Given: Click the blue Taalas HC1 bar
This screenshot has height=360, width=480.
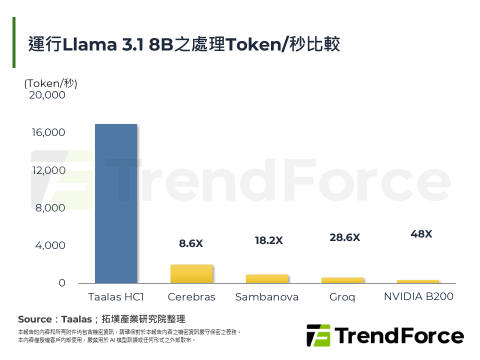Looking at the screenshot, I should coord(115,203).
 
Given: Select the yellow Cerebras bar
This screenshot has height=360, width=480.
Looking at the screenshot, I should coord(191,274).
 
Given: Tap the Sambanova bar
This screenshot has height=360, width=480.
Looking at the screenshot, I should coord(267,279).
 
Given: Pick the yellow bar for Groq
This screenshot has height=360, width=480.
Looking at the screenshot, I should coord(342,280).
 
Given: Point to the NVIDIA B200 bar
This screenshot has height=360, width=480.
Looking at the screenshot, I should coord(418,281).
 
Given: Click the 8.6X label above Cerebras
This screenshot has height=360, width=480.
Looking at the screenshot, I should coord(191,244).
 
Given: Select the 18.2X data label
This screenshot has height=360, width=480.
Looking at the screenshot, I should coord(268,240).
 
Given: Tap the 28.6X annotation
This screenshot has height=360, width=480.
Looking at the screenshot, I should coord(344,237).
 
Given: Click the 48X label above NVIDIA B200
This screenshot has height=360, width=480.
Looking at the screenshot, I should coord(421,233).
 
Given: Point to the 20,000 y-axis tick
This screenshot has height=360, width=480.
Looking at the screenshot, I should coord(47,95).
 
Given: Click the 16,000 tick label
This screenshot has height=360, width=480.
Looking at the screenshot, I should coord(47,132).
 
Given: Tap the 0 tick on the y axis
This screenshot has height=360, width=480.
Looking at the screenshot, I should coord(62,283).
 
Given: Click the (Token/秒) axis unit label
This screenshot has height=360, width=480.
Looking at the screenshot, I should coord(50,83).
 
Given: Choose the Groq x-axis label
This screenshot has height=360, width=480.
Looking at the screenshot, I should coord(342,297).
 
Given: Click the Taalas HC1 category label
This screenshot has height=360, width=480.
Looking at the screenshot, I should coord(116,297).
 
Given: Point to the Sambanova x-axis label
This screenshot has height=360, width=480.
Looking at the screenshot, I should coord(267,297).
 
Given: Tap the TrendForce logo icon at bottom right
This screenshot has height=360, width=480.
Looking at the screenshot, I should coord(318,335).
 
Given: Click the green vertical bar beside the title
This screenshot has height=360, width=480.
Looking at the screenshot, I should coord(14,42).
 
